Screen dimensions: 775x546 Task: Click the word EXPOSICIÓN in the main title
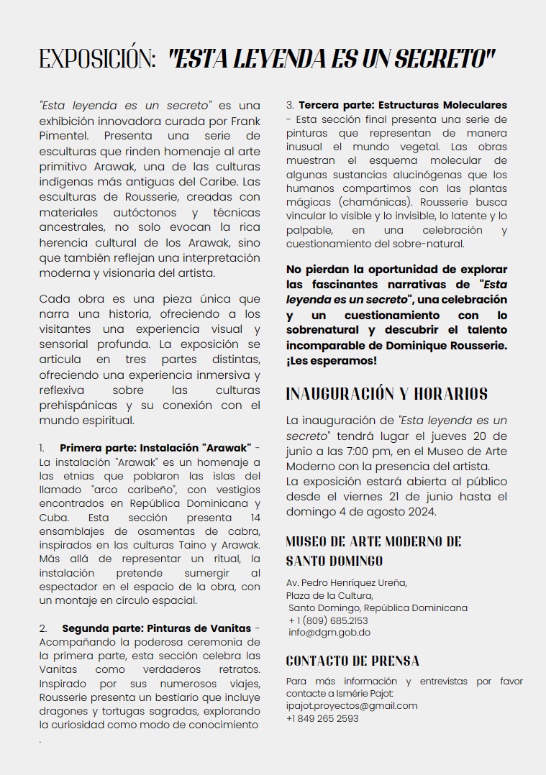(98, 59)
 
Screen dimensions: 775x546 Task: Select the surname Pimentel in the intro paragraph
(65, 135)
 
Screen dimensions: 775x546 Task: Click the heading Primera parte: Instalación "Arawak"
(155, 449)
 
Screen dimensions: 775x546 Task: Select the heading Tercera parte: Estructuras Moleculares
(403, 105)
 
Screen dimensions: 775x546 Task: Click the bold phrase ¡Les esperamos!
(332, 360)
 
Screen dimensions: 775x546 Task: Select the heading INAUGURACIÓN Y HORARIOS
(386, 394)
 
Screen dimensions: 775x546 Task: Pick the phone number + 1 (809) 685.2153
(328, 620)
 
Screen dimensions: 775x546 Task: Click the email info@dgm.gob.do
(329, 633)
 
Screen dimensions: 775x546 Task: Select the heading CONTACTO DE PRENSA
(352, 661)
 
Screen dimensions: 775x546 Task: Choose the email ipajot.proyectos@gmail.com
(352, 705)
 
